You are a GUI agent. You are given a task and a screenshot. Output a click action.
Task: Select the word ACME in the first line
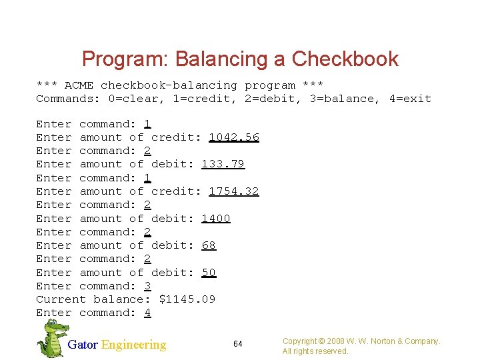tap(79, 85)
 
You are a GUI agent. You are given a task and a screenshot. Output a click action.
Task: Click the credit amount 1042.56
tap(234, 137)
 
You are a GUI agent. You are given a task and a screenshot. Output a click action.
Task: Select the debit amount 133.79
tap(223, 164)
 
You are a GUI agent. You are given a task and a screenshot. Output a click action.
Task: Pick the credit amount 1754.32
tap(234, 191)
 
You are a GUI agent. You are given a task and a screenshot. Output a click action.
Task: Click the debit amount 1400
tap(216, 219)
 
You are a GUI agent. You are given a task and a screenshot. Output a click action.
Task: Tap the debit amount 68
tap(209, 245)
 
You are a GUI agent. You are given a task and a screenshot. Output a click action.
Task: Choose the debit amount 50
tap(209, 273)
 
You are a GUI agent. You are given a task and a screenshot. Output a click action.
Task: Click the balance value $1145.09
tap(187, 299)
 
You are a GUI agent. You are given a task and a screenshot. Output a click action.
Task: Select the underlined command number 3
tap(147, 286)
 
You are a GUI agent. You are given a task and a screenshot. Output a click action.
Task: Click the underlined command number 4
tap(147, 313)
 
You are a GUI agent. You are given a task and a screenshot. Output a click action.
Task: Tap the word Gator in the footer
tap(83, 345)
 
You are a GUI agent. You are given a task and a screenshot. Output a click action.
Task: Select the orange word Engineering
tap(133, 345)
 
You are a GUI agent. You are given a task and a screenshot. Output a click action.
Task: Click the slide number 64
tap(238, 344)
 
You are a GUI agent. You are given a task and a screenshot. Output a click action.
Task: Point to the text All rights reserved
tap(315, 351)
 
